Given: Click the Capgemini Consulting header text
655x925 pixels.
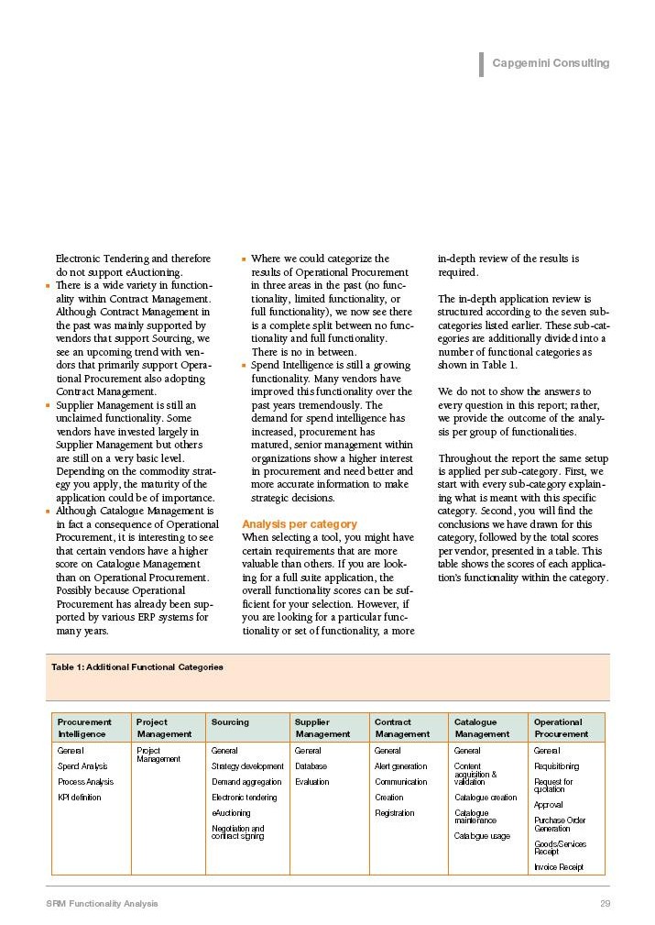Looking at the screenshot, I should (550, 63).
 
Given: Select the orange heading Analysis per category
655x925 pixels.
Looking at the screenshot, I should (299, 524).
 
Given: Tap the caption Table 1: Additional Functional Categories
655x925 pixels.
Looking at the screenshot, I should (137, 666).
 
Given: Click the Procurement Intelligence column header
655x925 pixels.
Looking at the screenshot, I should (84, 728).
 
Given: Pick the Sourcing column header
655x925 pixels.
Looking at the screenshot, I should (230, 722).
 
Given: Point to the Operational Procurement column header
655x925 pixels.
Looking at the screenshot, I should (562, 728).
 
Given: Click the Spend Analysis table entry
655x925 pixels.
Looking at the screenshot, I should (82, 766).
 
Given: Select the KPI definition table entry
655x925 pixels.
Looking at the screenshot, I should (80, 798).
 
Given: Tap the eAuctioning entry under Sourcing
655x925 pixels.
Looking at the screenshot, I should (231, 813).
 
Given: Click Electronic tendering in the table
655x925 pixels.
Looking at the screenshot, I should (244, 798).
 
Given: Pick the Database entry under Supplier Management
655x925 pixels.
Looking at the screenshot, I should (311, 766).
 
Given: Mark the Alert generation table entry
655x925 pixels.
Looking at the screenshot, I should (400, 766).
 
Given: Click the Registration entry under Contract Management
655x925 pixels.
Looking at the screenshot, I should (394, 813).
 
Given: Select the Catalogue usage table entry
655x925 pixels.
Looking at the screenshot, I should (482, 836).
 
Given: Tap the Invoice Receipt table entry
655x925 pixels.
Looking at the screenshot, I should (558, 867).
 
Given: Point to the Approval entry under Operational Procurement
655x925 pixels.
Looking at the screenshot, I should (549, 805).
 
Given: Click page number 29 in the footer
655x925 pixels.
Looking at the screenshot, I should (605, 904).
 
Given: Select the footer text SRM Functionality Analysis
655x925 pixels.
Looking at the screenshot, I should (102, 904).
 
